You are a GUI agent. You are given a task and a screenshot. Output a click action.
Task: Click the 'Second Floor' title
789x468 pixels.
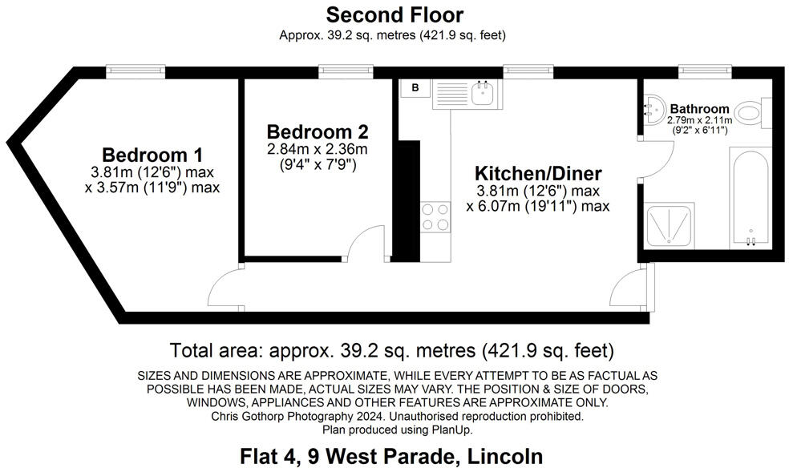tap(394, 14)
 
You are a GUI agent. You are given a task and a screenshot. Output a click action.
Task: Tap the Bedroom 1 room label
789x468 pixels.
tap(152, 154)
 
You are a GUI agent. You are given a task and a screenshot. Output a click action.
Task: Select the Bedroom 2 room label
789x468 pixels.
tap(317, 131)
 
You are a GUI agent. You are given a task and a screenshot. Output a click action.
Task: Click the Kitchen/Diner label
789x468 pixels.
tap(537, 172)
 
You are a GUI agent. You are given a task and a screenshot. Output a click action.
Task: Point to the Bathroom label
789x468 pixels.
tap(699, 109)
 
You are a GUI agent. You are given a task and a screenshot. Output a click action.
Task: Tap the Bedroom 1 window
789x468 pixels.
tap(136, 71)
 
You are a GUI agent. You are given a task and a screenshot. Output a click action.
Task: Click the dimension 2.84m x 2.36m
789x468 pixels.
tap(317, 150)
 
